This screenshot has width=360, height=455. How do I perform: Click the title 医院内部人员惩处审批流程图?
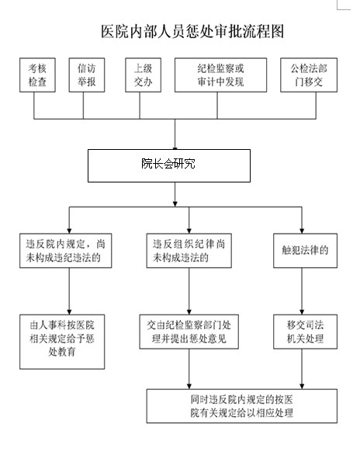[x=192, y=31]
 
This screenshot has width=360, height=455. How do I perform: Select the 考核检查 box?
[x=37, y=75]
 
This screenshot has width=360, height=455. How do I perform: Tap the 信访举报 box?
[x=87, y=75]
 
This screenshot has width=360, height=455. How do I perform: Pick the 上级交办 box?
[x=144, y=75]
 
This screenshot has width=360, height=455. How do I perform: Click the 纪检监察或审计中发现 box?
[x=220, y=75]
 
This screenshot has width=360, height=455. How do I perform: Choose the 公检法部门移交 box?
[x=309, y=75]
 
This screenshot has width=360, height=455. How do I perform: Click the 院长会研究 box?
[x=169, y=165]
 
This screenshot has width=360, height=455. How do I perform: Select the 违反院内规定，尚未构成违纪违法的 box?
[x=65, y=251]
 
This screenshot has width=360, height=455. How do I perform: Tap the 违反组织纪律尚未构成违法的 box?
[x=189, y=251]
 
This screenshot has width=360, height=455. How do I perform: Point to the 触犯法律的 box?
[x=305, y=251]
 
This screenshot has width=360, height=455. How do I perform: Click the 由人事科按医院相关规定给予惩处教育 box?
[x=62, y=342]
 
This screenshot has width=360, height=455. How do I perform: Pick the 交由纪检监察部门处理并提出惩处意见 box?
[x=189, y=332]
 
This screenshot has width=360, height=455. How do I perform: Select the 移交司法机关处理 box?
[x=305, y=332]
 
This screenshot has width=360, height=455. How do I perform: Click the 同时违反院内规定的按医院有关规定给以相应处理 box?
[x=242, y=406]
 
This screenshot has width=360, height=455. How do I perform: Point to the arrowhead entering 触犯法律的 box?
[x=302, y=231]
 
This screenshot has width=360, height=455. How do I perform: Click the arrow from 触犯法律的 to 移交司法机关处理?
[x=302, y=291]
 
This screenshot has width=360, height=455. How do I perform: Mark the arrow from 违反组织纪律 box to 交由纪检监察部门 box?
[x=189, y=291]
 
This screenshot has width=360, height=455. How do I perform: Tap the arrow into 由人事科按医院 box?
[x=69, y=291]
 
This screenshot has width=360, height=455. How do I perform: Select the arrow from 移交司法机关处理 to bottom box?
[x=302, y=369]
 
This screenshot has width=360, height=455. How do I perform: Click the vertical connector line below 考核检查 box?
[x=34, y=106]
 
